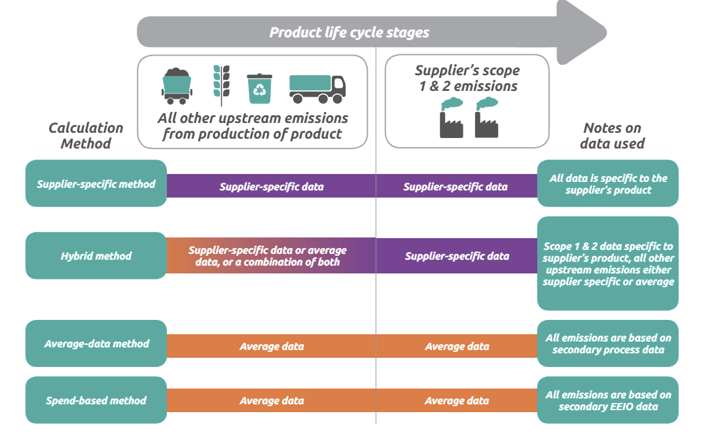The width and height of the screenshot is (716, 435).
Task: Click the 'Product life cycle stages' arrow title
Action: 349,33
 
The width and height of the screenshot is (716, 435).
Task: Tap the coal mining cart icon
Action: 177,86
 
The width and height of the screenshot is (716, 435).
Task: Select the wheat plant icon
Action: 221,85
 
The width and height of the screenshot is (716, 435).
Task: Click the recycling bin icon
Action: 259,88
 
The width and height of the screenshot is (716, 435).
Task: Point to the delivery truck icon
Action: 317,88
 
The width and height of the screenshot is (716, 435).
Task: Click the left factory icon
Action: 452,117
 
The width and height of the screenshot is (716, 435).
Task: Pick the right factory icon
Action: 487,117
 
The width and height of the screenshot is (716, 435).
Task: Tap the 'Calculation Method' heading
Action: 86,135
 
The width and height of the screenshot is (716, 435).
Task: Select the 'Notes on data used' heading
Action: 613,135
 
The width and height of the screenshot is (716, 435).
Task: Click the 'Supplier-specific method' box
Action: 96,183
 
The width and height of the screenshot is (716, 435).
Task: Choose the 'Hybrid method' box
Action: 96,256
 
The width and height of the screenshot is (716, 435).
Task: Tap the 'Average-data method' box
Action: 96,343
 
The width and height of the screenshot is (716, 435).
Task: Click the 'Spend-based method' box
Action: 96,400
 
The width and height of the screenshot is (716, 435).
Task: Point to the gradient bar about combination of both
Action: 271,256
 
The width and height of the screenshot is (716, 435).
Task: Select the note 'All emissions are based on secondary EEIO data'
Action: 608,400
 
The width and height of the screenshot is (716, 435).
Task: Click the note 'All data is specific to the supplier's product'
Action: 608,183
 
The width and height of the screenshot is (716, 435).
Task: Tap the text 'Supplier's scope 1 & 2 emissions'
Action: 467,78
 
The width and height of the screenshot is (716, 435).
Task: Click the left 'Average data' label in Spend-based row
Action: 272,400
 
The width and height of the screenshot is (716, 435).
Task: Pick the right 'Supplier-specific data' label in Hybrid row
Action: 457,256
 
